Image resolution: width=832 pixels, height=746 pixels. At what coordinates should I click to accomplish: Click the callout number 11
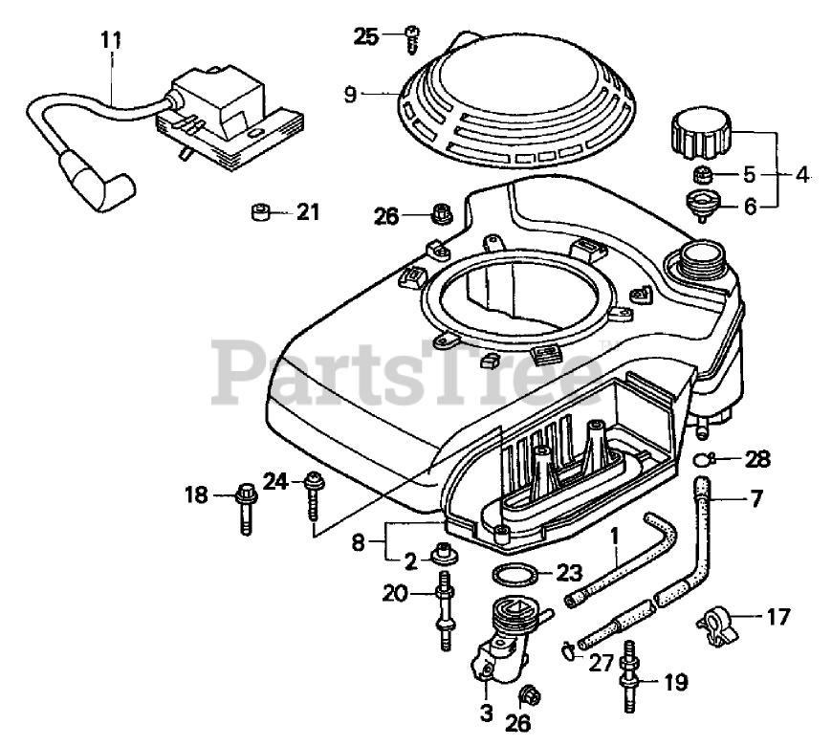[111, 40]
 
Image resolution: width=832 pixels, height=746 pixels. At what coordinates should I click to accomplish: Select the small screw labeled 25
[412, 38]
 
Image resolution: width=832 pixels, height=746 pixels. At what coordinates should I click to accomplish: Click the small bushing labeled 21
[258, 210]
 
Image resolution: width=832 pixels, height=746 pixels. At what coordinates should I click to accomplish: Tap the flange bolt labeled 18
[243, 507]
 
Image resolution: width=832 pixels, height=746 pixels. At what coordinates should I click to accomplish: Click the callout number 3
[486, 712]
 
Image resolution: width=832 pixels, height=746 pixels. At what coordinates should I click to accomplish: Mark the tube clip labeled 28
[703, 459]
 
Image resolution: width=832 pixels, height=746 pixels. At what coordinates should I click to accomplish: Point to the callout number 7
[756, 498]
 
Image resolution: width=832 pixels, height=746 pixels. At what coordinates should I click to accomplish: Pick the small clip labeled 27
[567, 652]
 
